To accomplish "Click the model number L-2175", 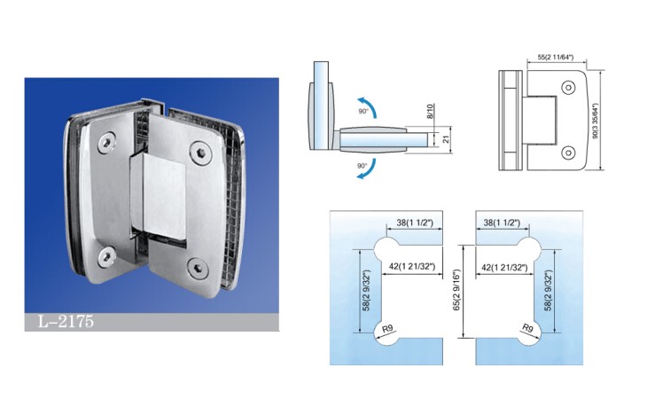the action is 66,321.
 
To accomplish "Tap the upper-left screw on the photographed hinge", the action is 107,143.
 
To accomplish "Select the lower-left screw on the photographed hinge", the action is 106,256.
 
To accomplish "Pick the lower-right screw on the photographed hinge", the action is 198,268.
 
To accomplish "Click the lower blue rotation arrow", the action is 368,169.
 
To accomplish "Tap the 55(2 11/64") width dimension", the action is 556,58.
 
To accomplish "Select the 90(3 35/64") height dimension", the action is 595,121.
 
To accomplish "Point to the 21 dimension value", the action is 446,140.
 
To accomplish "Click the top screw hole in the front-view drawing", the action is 569,88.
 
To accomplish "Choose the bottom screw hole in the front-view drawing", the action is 569,153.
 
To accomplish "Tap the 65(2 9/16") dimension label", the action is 456,291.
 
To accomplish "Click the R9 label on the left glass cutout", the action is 388,329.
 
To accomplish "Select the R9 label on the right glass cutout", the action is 527,328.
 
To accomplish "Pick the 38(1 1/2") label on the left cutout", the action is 415,223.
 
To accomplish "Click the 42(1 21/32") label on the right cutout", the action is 504,268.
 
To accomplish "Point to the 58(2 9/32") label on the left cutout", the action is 366,291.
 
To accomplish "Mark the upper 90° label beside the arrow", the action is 363,112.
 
